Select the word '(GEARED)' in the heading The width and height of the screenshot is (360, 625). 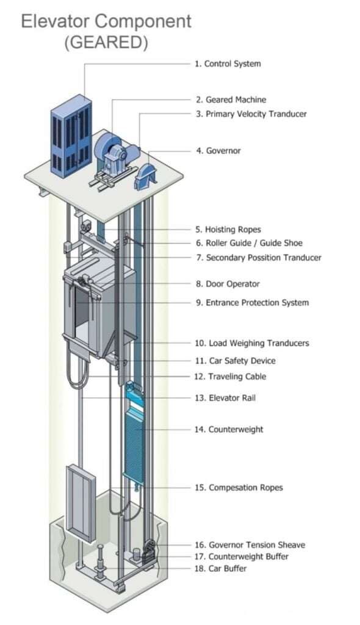coord(107,43)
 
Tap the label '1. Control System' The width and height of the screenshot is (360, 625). coord(228,63)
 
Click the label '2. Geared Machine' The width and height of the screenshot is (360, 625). coord(231,99)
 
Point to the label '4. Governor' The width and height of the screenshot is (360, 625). coord(218,151)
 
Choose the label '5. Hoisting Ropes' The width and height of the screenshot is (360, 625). coord(228,229)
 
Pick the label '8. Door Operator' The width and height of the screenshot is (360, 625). coord(228,284)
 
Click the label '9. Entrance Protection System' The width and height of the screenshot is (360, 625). coord(252,303)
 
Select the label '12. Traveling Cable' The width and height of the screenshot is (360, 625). coord(231,377)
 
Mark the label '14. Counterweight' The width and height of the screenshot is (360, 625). coord(229,430)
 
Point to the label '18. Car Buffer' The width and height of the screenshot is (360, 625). coord(221,569)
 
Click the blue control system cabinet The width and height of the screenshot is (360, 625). coord(71,137)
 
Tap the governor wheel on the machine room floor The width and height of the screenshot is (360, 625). coord(146,173)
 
